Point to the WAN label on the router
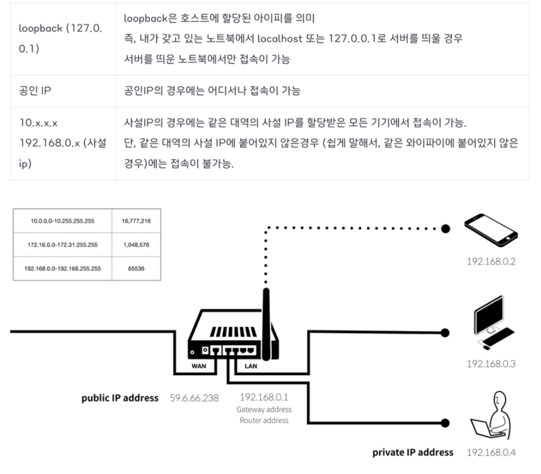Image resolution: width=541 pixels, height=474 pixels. coord(200,365)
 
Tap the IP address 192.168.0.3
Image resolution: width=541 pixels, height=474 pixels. coord(491,364)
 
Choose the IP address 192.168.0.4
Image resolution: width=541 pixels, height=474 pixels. coord(491,452)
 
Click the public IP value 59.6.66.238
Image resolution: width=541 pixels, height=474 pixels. coord(194,397)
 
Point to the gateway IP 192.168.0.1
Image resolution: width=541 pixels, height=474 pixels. coord(264,397)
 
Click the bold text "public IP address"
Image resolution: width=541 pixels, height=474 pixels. coord(120,397)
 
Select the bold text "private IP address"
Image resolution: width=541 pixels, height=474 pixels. coord(413,452)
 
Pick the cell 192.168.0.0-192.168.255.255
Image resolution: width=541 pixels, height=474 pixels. coord(63,268)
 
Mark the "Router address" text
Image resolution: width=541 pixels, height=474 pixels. coord(264,420)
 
